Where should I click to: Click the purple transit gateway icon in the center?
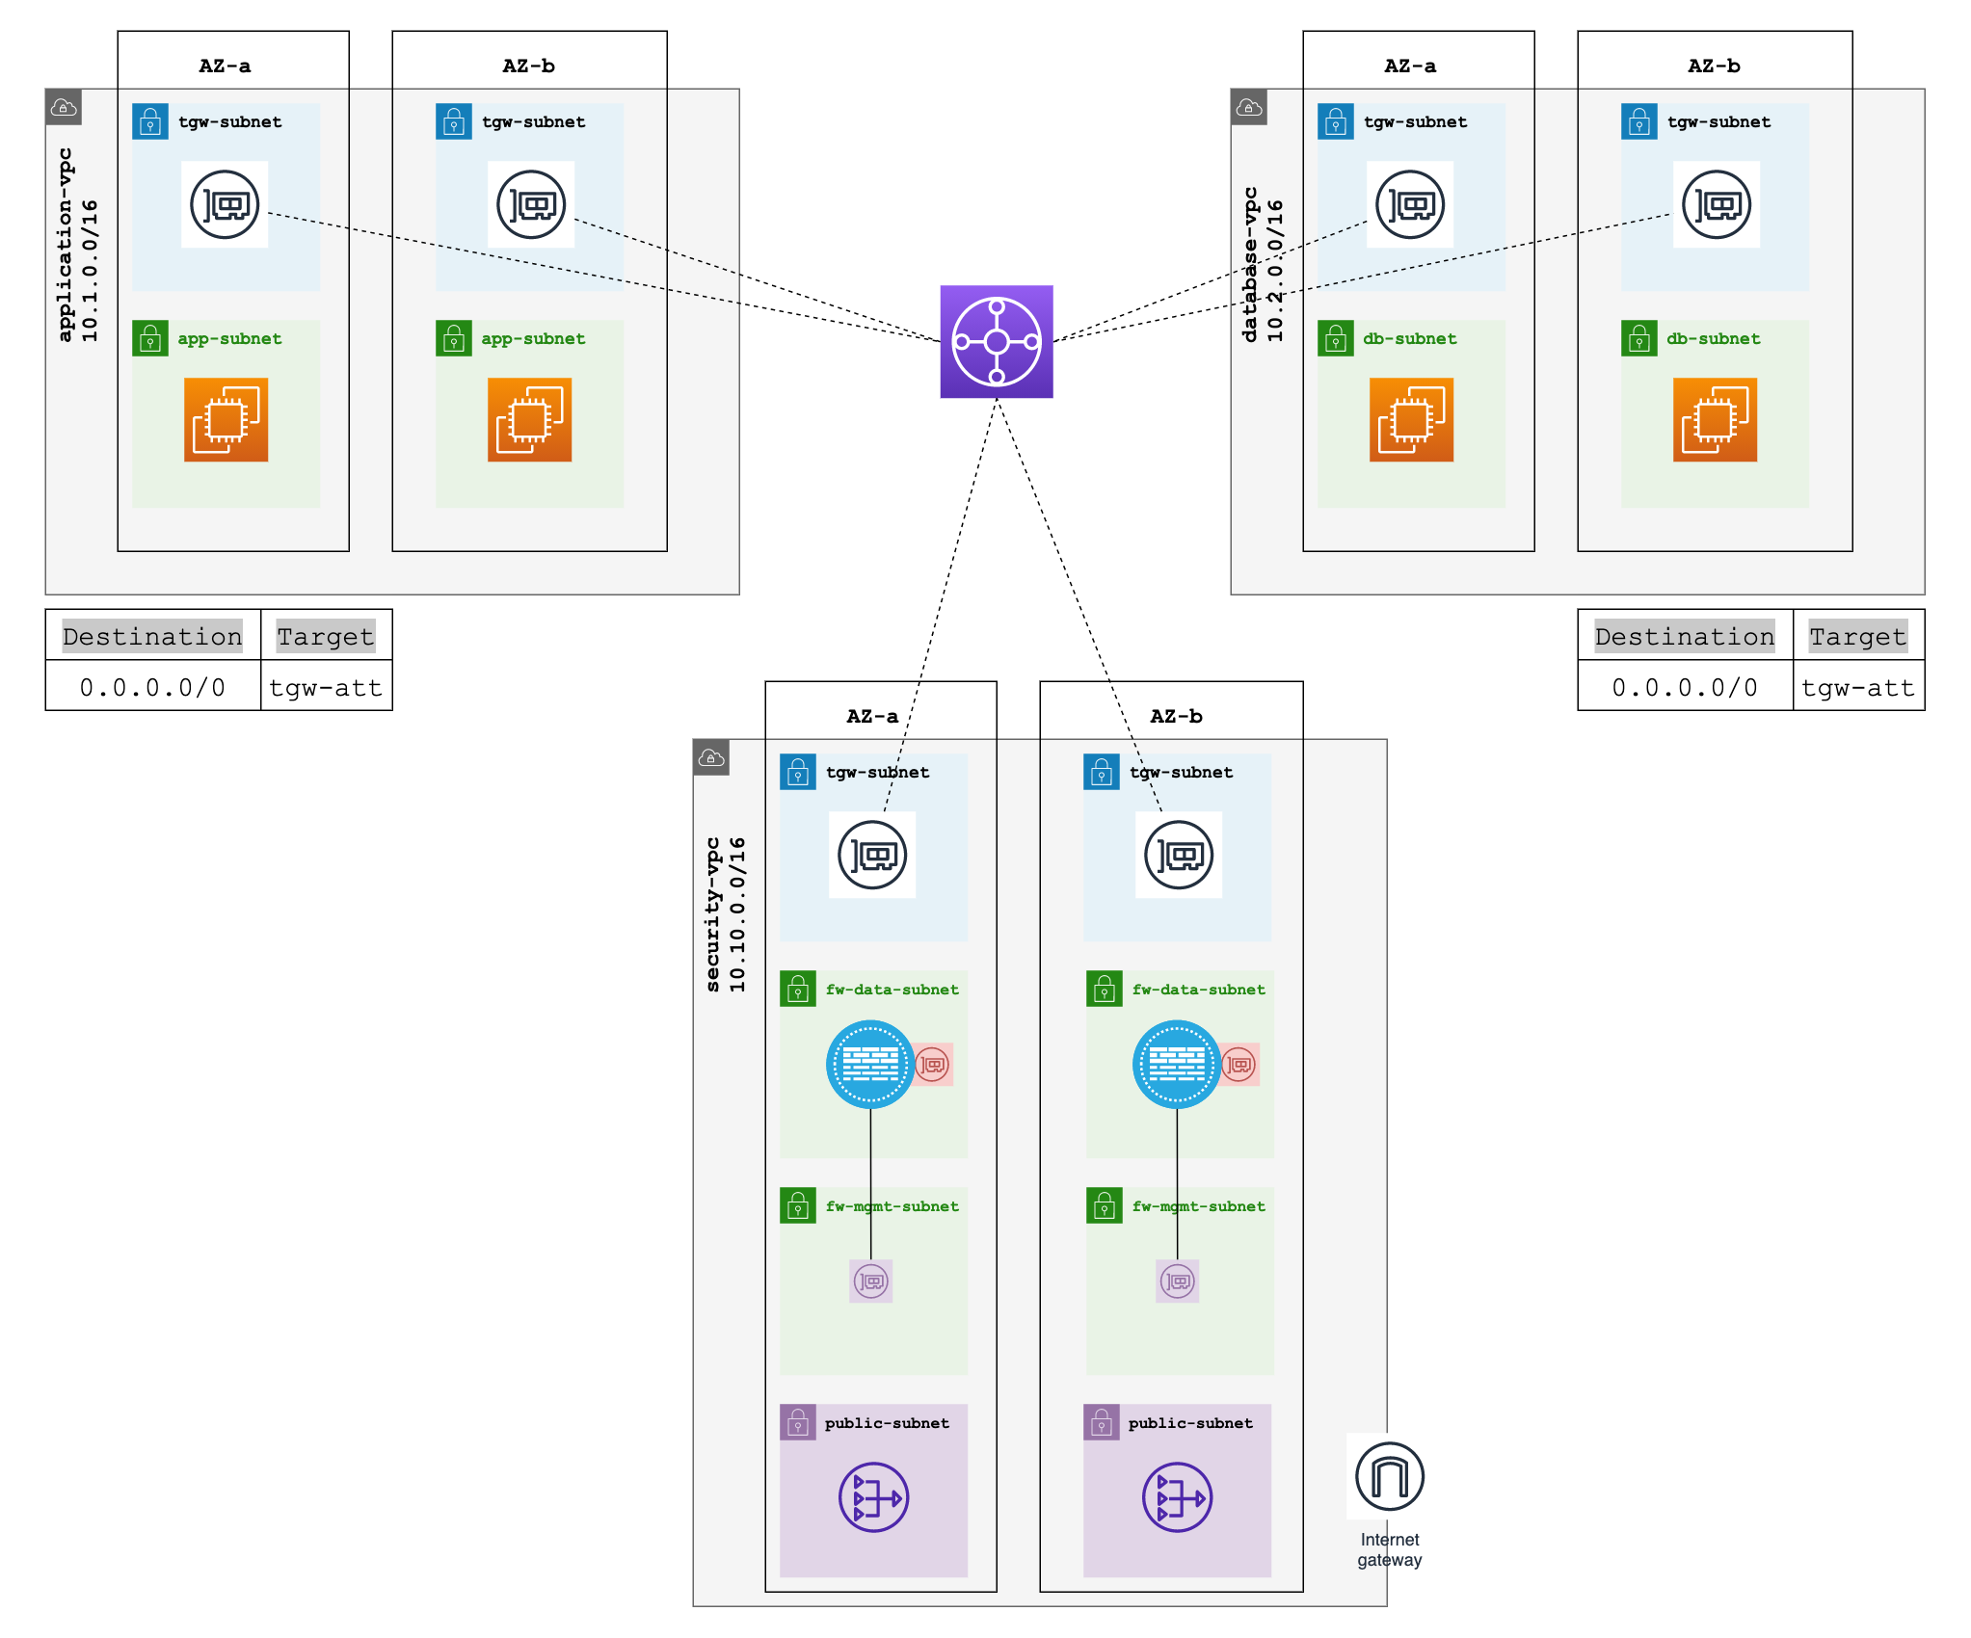pos(996,341)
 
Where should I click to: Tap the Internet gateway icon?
pos(1389,1475)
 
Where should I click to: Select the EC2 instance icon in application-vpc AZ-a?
pos(226,419)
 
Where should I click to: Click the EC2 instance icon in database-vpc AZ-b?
pos(1715,419)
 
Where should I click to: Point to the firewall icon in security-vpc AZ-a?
pos(869,1064)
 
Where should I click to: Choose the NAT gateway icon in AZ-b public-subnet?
pos(1177,1497)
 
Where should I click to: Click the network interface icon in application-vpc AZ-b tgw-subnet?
pos(530,204)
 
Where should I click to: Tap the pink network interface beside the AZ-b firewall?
pos(1239,1065)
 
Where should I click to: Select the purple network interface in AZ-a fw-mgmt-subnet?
pos(870,1281)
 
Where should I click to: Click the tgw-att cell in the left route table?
pos(326,687)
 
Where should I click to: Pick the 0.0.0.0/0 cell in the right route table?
pos(1684,687)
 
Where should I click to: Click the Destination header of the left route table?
pos(152,636)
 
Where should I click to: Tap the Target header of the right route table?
pos(1857,636)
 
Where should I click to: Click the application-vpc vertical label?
pos(66,245)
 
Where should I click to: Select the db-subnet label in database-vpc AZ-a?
pos(1409,338)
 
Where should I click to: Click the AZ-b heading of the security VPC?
pos(1176,716)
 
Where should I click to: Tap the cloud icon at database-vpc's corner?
pos(1248,107)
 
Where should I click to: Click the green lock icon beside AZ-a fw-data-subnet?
pos(798,989)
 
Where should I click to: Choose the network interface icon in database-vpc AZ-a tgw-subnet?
pos(1409,204)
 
